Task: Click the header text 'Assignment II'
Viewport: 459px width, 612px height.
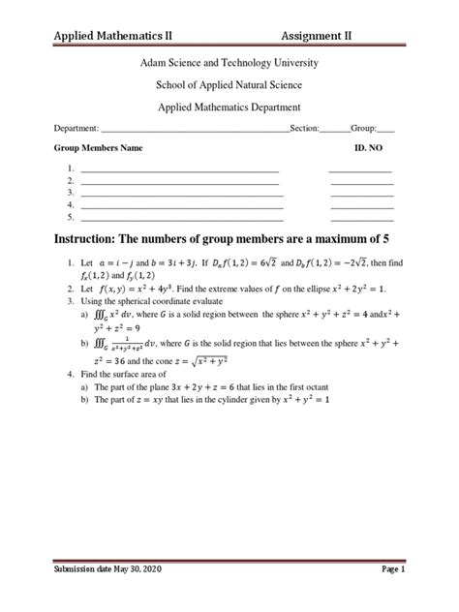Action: tap(317, 36)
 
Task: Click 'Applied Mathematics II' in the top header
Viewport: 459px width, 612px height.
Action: tap(113, 36)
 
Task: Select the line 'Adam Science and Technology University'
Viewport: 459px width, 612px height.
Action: tap(229, 63)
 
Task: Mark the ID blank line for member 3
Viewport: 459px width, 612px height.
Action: tap(361, 194)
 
